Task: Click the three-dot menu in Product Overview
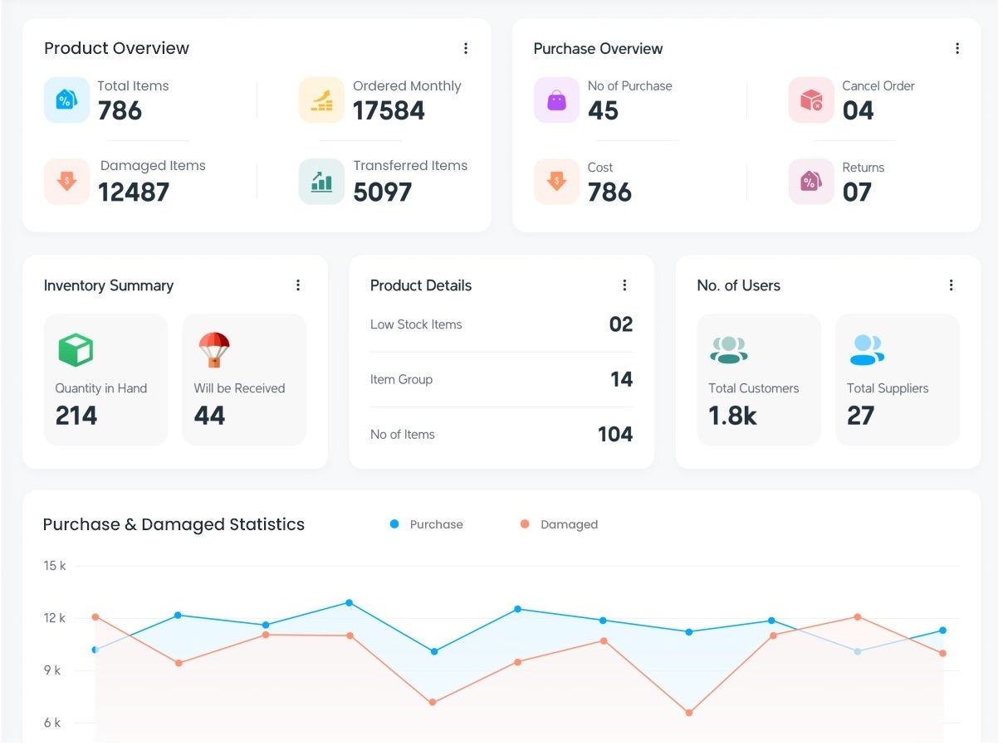(x=466, y=49)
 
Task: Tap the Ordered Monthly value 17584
(x=389, y=111)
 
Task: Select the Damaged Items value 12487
(x=134, y=192)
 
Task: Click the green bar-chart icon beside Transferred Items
(x=321, y=182)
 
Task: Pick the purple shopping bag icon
(x=556, y=100)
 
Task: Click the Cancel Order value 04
(x=858, y=111)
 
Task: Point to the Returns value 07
(x=857, y=192)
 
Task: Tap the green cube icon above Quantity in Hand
(x=76, y=350)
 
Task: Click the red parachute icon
(x=214, y=349)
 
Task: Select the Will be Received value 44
(x=209, y=416)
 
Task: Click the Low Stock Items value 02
(x=620, y=324)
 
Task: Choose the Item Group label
(x=401, y=379)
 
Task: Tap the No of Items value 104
(x=614, y=434)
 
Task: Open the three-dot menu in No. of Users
(x=952, y=285)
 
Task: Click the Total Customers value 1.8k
(x=732, y=416)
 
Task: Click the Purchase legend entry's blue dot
(x=394, y=524)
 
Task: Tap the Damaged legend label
(x=569, y=524)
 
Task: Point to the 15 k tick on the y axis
(x=55, y=566)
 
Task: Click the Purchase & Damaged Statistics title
(x=174, y=524)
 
